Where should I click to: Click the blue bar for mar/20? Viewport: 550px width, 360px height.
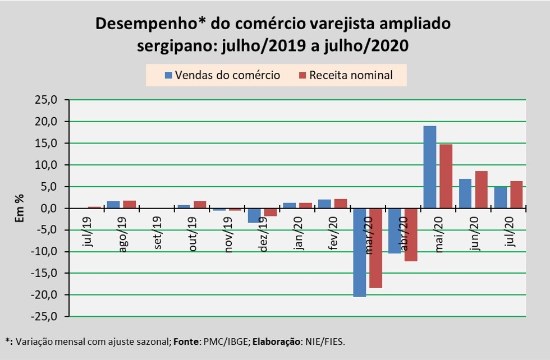[x=359, y=252]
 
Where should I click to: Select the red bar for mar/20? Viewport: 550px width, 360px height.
[x=375, y=248]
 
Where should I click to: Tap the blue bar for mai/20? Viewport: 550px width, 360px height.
[x=429, y=167]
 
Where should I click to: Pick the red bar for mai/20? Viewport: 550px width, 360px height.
[x=446, y=176]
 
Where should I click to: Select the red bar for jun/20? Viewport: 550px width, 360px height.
[x=481, y=190]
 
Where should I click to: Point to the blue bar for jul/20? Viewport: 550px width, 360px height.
[x=500, y=197]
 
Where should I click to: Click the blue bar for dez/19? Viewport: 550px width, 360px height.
[x=254, y=215]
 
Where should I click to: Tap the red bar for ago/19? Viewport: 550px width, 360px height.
[x=130, y=204]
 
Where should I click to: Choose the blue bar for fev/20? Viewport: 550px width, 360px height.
[x=324, y=204]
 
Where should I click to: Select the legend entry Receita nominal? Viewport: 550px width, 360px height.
[x=346, y=75]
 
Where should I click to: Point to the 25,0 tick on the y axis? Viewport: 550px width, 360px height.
[x=47, y=100]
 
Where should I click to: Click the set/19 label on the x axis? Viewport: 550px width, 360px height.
[x=157, y=237]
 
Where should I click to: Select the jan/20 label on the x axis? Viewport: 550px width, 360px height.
[x=297, y=237]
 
